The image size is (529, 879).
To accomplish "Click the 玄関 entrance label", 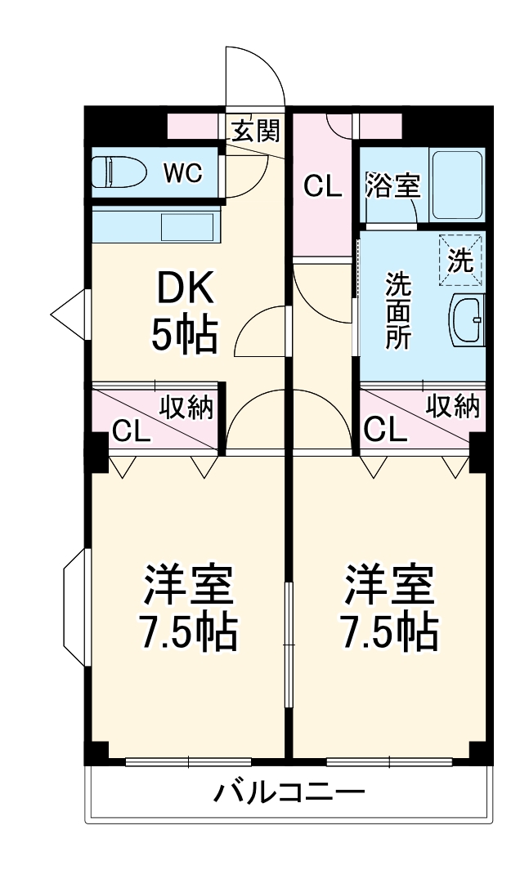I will pyautogui.click(x=255, y=131).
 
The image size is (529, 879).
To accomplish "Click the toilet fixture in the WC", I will pyautogui.click(x=118, y=172).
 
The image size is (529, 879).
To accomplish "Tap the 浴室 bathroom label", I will pyautogui.click(x=392, y=185).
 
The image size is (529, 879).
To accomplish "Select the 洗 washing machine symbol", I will pyautogui.click(x=460, y=259).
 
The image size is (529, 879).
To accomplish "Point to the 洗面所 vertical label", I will pyautogui.click(x=398, y=310).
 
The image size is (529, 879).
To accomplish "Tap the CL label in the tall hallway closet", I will pyautogui.click(x=322, y=187).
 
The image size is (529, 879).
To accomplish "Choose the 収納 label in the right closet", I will pyautogui.click(x=452, y=406).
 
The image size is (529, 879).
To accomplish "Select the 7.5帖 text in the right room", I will pyautogui.click(x=388, y=630).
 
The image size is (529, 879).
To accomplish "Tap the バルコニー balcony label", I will pyautogui.click(x=289, y=792).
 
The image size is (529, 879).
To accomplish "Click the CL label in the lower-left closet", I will pyautogui.click(x=131, y=431).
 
